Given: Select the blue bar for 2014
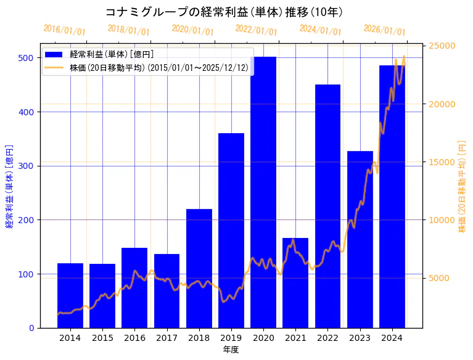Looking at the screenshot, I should click(70, 296).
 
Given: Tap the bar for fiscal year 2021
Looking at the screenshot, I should click(295, 283).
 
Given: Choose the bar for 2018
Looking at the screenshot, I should click(199, 268).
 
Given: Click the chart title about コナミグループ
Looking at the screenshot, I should click(224, 12).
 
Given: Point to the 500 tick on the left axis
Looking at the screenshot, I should click(26, 58).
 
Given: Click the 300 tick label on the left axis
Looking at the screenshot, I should click(26, 166).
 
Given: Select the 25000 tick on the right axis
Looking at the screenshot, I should click(442, 46).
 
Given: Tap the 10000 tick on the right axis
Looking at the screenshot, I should click(442, 220).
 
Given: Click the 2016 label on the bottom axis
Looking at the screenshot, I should click(134, 337).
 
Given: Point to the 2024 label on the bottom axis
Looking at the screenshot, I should click(392, 337).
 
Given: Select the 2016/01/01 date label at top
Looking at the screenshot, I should click(65, 30).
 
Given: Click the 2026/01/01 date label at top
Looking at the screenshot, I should click(384, 30).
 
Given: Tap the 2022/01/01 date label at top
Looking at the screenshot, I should click(257, 30).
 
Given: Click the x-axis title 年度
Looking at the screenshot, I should click(231, 350).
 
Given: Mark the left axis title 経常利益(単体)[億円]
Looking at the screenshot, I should click(9, 186).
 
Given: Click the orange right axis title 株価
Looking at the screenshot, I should click(462, 186).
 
